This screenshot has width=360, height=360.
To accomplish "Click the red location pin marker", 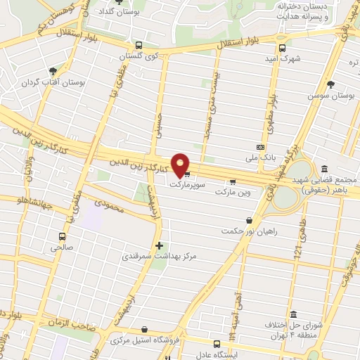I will pyautogui.click(x=181, y=165).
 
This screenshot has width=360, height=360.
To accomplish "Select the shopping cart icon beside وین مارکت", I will pyautogui.click(x=231, y=179).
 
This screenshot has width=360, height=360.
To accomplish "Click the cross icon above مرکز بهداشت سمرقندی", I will pyautogui.click(x=160, y=246).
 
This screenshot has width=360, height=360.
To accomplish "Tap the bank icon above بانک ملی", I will pyautogui.click(x=260, y=148).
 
